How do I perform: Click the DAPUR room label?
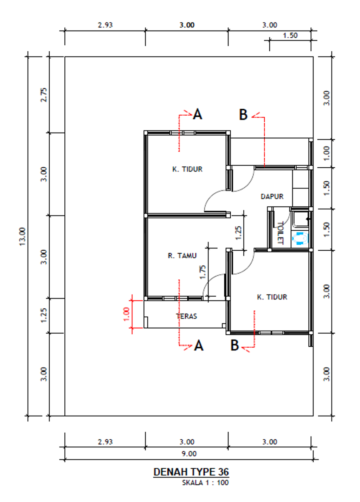point(272,197)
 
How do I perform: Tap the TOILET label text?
point(281,233)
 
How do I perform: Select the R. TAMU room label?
point(182,256)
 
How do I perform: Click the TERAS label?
point(186,316)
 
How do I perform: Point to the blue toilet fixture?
point(300,238)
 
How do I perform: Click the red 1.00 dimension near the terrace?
point(127,314)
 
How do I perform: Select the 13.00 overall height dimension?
point(22,237)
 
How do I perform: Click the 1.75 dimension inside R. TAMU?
point(202,272)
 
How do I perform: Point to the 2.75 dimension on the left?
point(44,95)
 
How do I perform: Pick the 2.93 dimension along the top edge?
point(105,25)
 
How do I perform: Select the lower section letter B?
point(234,345)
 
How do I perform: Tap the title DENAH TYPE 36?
point(191,472)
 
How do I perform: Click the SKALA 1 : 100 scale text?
point(205,483)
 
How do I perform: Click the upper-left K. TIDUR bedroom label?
point(187,169)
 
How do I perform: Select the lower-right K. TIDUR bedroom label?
point(272,297)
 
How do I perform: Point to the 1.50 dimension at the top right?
point(290,36)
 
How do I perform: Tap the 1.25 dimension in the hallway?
point(238,233)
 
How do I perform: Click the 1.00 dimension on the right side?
point(327,153)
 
